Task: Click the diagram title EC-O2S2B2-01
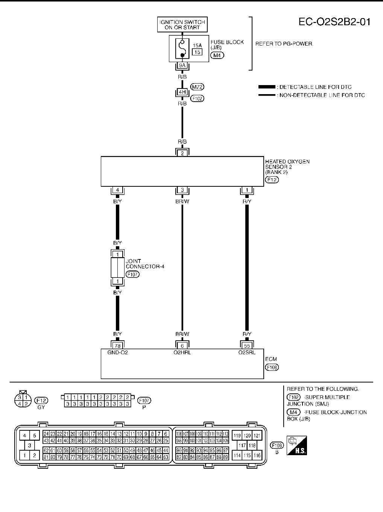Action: point(334,22)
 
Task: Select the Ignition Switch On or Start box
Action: point(182,25)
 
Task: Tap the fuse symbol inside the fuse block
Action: point(182,49)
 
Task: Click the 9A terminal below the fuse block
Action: point(182,66)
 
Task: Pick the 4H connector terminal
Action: point(182,92)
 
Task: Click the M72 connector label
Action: point(198,87)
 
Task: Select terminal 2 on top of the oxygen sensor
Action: point(182,153)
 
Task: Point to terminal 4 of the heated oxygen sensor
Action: point(117,190)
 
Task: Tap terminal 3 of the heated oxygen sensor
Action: point(182,190)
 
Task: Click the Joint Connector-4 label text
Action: point(145,264)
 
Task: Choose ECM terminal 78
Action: point(117,346)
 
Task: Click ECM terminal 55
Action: point(247,346)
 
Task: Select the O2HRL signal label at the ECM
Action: point(182,352)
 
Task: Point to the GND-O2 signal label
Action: point(117,352)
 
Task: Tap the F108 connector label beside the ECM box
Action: point(272,367)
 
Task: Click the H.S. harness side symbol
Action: point(296,445)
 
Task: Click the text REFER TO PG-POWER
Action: point(284,44)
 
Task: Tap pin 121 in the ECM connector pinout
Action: point(257,436)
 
